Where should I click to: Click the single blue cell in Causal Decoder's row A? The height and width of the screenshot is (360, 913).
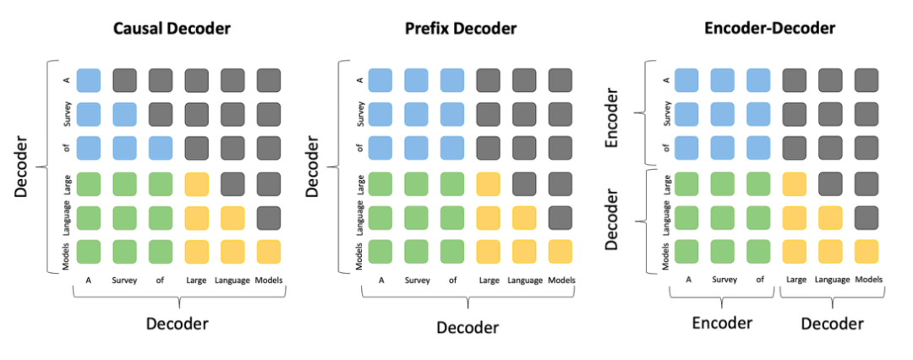(x=89, y=80)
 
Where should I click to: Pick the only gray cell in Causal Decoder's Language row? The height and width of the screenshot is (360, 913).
(x=269, y=217)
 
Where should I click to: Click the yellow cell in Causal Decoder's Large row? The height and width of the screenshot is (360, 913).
(x=197, y=183)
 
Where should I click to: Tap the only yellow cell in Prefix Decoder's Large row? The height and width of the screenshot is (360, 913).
(x=488, y=183)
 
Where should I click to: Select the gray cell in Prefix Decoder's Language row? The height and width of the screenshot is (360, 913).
(x=560, y=217)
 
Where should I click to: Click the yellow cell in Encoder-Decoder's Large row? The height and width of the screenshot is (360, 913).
(x=795, y=183)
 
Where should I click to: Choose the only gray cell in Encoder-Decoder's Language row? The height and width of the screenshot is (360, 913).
(x=866, y=217)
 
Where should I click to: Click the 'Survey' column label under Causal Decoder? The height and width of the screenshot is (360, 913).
(x=124, y=280)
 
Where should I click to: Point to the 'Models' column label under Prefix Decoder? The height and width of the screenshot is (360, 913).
(x=560, y=280)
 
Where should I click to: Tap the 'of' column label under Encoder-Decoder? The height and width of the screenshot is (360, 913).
(x=758, y=280)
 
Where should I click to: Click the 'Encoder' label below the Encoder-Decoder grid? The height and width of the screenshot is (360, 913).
(x=721, y=323)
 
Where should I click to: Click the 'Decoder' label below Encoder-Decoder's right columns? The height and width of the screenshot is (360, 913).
(x=832, y=323)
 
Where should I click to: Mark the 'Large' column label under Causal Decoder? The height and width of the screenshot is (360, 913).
(x=196, y=280)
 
